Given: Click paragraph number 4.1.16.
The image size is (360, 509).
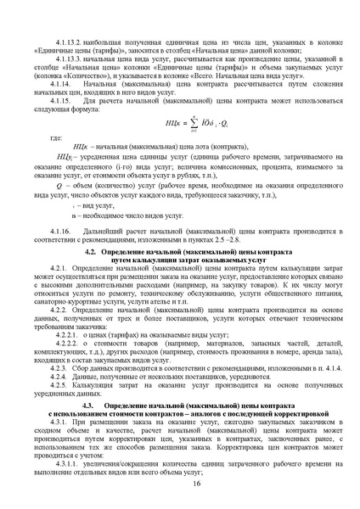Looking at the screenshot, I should (68, 231).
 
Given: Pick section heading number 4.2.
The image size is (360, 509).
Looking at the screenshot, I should (93, 254).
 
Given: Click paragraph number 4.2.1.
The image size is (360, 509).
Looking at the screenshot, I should (64, 270).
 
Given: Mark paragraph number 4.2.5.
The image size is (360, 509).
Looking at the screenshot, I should (64, 376).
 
